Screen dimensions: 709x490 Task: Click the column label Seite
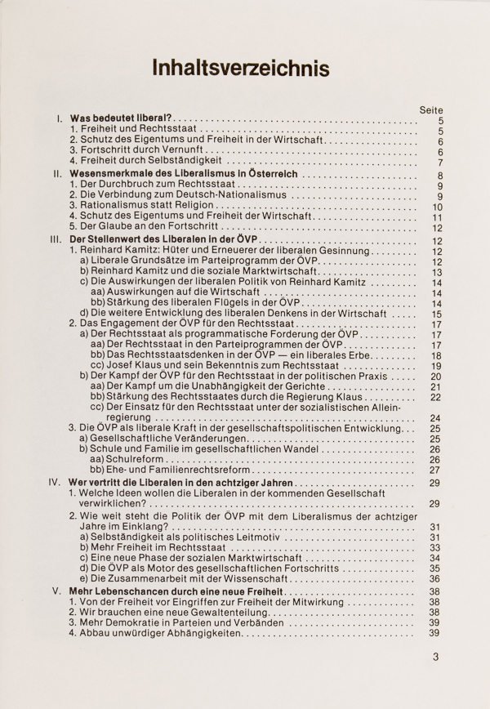tap(430, 109)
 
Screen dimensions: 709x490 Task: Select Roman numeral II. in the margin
tap(57, 174)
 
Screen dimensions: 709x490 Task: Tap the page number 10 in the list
tap(436, 207)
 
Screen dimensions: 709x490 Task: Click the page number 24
tap(435, 417)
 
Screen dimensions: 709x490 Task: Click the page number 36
tap(435, 579)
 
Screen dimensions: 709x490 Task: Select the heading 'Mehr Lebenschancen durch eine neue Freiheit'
tap(177, 591)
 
